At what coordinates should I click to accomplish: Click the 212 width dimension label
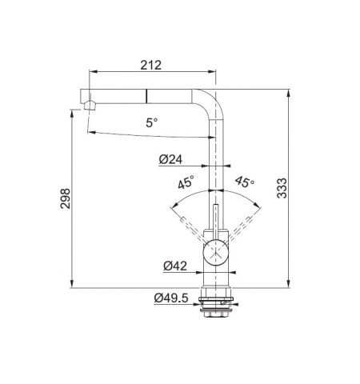coord(151,65)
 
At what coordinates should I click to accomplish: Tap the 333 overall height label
coord(282,188)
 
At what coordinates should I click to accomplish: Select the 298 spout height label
coord(66,198)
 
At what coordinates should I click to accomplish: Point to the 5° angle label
coord(152,122)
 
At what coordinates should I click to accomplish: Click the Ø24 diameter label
coord(170,159)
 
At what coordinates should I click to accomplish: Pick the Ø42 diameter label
coord(175,266)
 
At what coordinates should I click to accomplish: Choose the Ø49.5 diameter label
coord(171,298)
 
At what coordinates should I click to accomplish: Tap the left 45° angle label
coord(186,182)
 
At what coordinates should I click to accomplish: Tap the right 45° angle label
coord(245,182)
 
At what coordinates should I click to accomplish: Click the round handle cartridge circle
coord(215,252)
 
